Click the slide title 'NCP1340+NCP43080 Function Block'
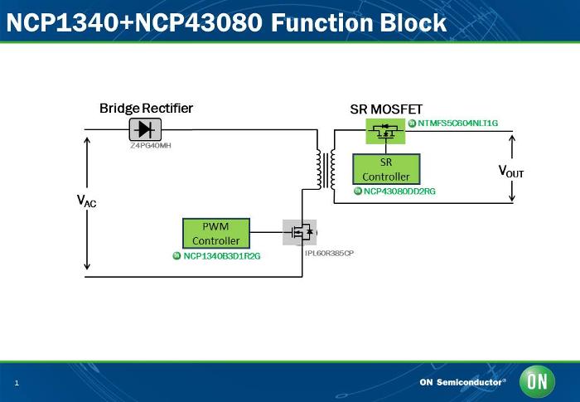(x=226, y=22)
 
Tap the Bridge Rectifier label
(x=146, y=109)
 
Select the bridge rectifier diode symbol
(x=145, y=128)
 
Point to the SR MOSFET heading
(x=386, y=109)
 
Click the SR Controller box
(x=385, y=168)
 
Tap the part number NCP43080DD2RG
(x=399, y=191)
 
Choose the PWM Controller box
(x=215, y=233)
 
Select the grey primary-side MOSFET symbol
(x=300, y=232)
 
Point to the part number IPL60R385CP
(x=329, y=252)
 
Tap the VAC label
(x=86, y=201)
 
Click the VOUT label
(x=510, y=172)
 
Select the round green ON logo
(x=536, y=382)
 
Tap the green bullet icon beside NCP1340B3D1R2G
(x=176, y=256)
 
